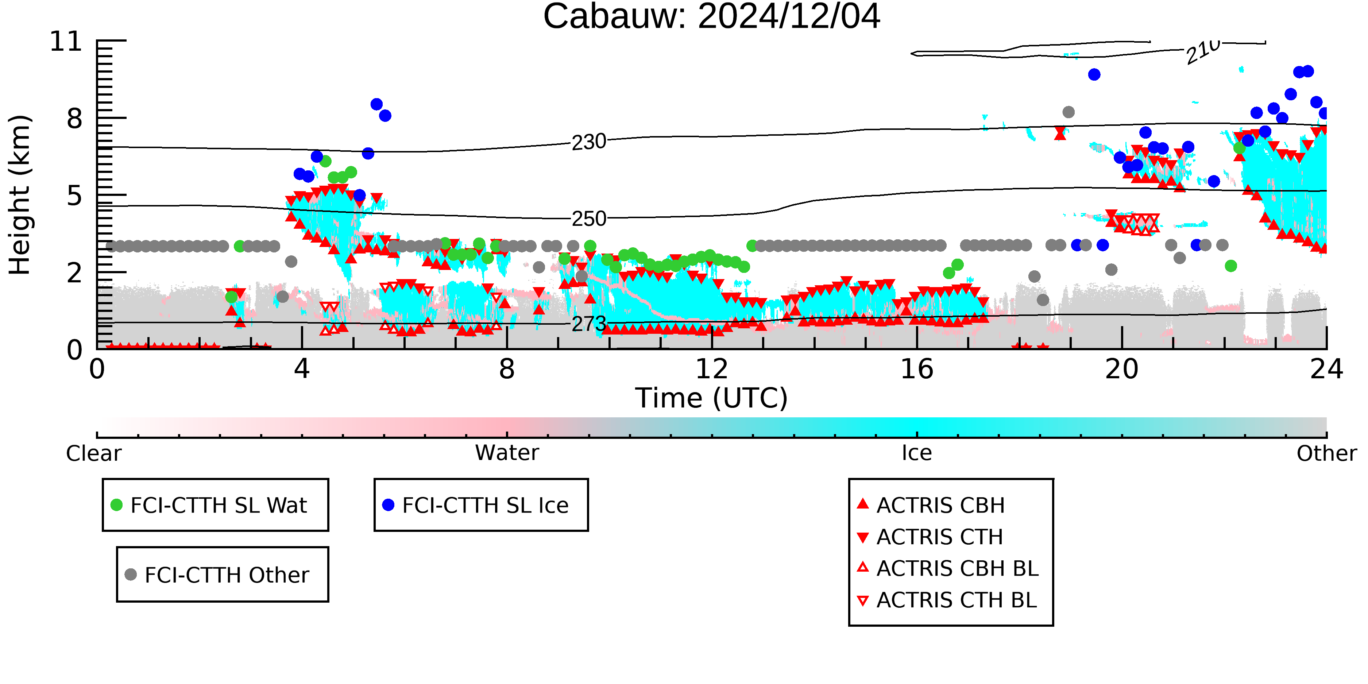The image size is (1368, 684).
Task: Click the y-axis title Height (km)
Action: coord(20,195)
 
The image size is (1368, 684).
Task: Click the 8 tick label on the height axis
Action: coord(75,119)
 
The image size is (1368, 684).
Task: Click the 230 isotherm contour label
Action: coord(588,142)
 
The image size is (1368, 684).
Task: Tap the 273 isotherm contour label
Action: coord(588,324)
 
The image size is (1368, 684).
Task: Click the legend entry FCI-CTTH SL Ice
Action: coord(475,505)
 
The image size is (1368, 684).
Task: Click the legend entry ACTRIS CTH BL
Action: coord(947,600)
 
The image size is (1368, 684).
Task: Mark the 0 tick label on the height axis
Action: coord(75,350)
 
